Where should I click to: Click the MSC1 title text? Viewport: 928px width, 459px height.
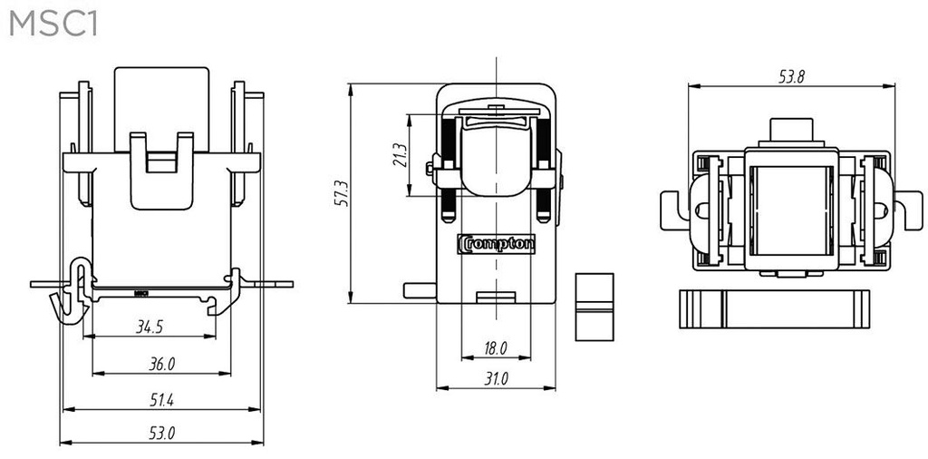[x=53, y=25]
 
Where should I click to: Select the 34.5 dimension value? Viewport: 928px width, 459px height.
[x=150, y=327]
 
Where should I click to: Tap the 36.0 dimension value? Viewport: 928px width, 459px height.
[x=161, y=364]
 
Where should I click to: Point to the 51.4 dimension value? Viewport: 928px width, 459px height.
[x=161, y=400]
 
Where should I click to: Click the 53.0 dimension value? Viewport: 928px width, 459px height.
[x=161, y=433]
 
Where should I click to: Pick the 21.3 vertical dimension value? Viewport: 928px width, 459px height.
[x=400, y=154]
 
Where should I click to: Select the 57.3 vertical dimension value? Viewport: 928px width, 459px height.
[x=342, y=193]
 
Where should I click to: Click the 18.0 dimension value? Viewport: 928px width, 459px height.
[x=496, y=349]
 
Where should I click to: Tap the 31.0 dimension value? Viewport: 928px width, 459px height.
[x=496, y=379]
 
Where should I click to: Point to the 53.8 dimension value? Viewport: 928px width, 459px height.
[x=791, y=76]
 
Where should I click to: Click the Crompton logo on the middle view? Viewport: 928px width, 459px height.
[x=496, y=244]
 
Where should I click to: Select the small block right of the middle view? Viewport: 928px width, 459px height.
[x=594, y=307]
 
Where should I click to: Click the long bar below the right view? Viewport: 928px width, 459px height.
[x=774, y=309]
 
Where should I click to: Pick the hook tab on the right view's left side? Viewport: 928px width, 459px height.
[x=672, y=210]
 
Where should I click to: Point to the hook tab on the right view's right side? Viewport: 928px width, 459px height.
[x=910, y=210]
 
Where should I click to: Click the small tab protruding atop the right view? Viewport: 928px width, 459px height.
[x=791, y=130]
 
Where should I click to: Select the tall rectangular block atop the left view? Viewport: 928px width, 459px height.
[x=161, y=109]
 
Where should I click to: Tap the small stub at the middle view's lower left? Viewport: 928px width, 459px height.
[x=420, y=290]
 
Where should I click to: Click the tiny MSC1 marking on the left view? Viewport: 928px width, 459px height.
[x=140, y=293]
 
